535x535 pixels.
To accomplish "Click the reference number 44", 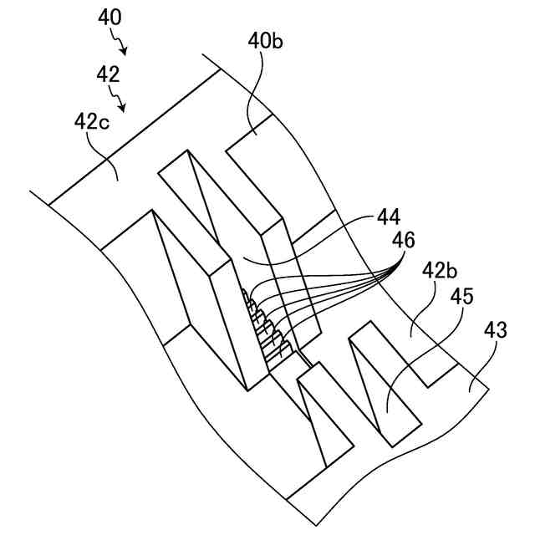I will (x=388, y=217).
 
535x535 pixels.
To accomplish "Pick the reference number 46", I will (x=404, y=241).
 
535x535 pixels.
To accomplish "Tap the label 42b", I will (x=440, y=272).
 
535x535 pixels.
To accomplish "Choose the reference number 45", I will (x=462, y=296).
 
